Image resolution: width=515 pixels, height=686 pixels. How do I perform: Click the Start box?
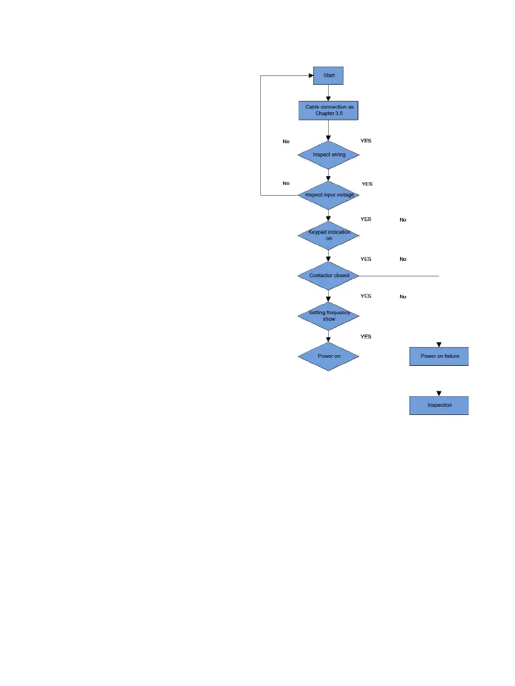point(329,75)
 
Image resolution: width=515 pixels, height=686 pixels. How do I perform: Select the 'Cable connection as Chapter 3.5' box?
point(329,110)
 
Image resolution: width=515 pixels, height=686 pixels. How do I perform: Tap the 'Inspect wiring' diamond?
point(329,155)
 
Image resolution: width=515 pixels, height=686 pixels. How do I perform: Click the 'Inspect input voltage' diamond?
point(329,195)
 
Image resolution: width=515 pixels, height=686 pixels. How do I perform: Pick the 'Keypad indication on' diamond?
point(329,235)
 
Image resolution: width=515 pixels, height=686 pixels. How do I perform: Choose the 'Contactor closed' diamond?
point(329,276)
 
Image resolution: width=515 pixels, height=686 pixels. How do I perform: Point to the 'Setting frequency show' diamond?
point(329,315)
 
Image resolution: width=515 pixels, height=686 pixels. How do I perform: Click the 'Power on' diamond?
point(329,356)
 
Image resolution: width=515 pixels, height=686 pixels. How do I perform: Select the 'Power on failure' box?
point(439,356)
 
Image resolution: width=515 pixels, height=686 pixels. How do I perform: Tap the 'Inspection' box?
point(439,406)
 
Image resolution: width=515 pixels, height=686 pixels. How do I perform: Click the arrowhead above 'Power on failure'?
point(439,345)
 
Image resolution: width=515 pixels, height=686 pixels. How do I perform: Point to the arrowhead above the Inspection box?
point(439,393)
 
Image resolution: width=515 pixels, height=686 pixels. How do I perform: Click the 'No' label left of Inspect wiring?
point(286,142)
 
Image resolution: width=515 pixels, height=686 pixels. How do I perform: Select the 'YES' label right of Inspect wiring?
point(366,141)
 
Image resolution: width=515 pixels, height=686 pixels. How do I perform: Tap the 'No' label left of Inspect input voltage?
point(286,183)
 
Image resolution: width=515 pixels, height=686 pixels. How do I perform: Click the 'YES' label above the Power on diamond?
point(366,336)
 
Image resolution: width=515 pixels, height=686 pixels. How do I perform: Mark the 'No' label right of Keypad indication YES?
point(403,220)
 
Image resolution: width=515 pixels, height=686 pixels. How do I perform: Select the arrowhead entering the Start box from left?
point(311,75)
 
